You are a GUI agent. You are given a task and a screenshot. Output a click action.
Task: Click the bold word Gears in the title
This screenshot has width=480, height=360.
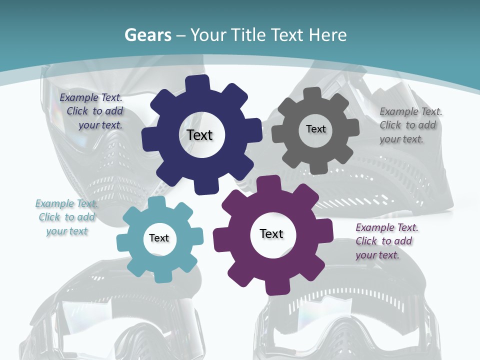147,35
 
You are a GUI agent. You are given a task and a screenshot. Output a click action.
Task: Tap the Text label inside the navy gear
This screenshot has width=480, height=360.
199,135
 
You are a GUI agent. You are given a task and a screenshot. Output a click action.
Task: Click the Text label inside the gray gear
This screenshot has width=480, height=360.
315,129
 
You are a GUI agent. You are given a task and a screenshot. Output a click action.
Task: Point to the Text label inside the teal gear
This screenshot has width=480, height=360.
159,238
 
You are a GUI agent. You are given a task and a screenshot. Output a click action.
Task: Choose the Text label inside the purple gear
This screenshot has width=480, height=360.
271,233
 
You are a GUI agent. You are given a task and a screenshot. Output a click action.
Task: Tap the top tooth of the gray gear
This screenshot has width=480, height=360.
313,93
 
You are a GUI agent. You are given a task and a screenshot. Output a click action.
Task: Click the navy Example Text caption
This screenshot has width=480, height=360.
91,111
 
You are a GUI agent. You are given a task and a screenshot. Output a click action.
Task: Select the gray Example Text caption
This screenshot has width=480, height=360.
410,125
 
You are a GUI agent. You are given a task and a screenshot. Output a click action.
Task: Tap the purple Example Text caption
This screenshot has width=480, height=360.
386,241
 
